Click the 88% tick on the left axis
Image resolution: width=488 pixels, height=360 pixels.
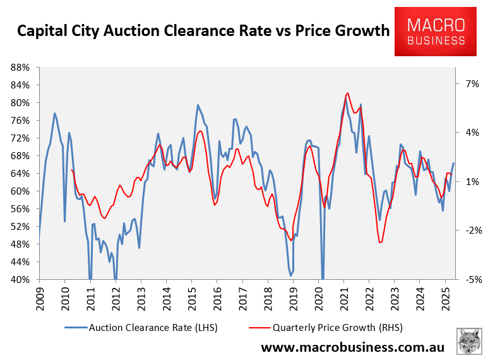[23, 68]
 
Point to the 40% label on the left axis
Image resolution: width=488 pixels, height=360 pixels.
[23, 280]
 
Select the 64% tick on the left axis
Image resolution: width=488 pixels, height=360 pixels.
[23, 174]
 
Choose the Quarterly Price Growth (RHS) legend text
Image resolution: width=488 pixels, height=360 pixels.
[338, 327]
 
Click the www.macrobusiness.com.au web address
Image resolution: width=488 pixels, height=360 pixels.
[352, 347]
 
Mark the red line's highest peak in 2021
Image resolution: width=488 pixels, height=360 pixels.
[348, 93]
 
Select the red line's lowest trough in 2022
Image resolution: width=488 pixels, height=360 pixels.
[379, 243]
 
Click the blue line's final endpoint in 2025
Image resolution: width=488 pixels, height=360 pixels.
[453, 164]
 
